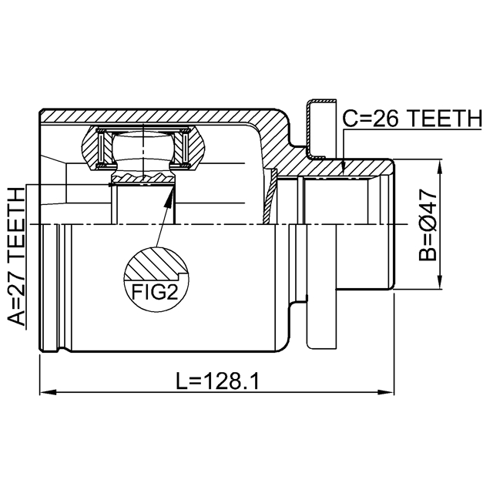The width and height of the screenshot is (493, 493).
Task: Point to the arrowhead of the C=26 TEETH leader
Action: (343, 169)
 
